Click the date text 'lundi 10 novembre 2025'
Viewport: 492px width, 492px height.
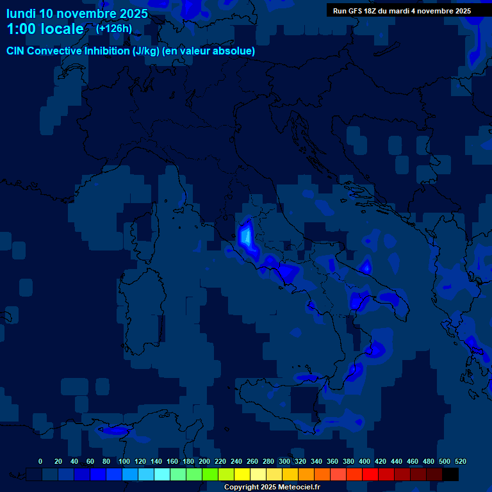click(x=77, y=13)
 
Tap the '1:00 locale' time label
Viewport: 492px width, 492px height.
click(x=45, y=29)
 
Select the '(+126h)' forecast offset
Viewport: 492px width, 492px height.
click(x=113, y=28)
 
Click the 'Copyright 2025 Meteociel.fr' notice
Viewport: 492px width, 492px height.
click(x=272, y=488)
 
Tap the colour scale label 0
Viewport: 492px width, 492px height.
click(x=40, y=461)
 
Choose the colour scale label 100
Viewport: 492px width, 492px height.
click(x=124, y=461)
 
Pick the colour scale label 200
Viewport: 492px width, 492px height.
click(x=204, y=461)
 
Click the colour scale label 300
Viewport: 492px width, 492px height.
click(x=284, y=461)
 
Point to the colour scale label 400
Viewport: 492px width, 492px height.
click(x=365, y=461)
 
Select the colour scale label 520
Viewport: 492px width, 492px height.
click(x=460, y=461)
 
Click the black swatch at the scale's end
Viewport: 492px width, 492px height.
click(x=450, y=474)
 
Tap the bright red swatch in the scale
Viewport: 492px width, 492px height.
click(x=370, y=474)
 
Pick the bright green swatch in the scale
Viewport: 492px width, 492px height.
click(x=210, y=474)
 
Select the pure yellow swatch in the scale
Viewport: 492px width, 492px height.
click(x=242, y=474)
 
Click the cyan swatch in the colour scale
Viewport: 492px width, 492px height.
click(x=162, y=474)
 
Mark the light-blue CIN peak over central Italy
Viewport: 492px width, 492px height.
click(x=245, y=236)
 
